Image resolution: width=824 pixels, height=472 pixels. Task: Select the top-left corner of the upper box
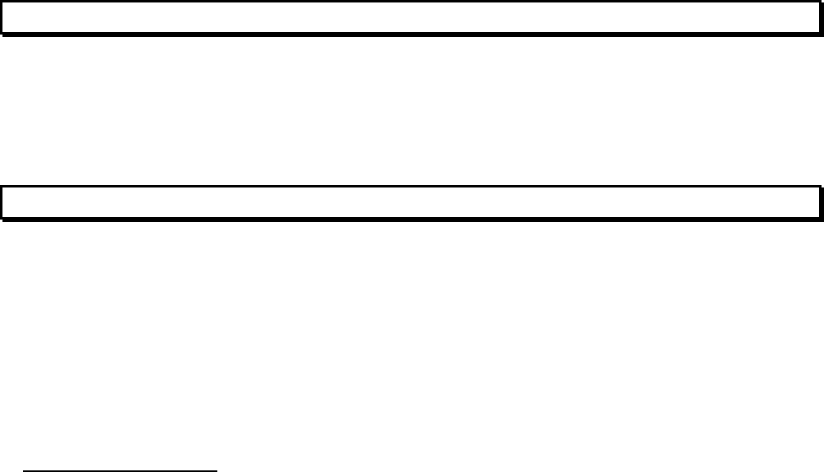(x=2, y=2)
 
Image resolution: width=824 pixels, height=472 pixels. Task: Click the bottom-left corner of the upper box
(x=2, y=33)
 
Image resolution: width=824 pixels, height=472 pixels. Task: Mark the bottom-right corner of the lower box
(x=821, y=219)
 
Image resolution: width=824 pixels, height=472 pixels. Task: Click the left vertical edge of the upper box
(x=2, y=17)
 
